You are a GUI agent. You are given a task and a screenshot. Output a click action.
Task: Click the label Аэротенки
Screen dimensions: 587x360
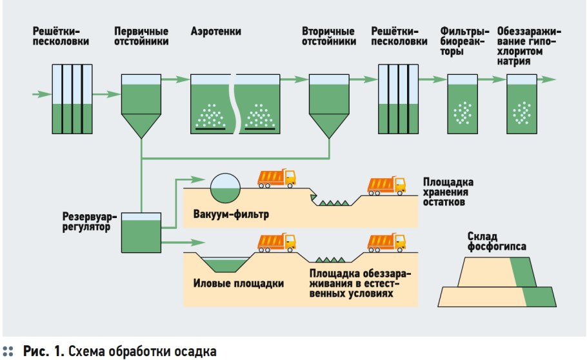click(215, 32)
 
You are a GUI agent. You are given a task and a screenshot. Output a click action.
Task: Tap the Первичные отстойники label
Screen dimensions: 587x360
click(141, 36)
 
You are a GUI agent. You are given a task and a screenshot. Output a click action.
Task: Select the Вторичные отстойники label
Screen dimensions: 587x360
click(329, 36)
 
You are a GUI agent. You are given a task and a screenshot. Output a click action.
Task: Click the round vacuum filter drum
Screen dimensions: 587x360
click(225, 188)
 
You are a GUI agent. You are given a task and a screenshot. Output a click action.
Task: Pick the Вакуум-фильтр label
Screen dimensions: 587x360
click(231, 214)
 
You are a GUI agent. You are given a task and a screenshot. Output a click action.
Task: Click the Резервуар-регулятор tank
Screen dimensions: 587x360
click(141, 233)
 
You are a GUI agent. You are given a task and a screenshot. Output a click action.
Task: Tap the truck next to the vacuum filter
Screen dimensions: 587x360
click(276, 178)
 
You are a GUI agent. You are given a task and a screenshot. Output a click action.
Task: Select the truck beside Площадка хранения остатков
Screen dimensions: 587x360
click(386, 185)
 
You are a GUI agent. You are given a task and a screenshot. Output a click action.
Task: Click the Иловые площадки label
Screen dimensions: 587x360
click(239, 283)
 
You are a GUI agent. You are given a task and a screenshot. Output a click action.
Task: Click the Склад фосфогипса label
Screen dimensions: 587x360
click(497, 241)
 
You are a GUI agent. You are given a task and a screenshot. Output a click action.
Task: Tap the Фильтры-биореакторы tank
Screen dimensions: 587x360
click(463, 104)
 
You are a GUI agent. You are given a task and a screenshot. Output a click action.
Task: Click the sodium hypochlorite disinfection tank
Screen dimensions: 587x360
click(521, 104)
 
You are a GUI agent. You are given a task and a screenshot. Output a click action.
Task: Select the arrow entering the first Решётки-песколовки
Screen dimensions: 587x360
click(42, 94)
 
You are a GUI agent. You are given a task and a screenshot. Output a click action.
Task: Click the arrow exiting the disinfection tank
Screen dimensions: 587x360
click(546, 79)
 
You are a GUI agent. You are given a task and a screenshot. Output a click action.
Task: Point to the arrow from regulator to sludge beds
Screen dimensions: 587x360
click(183, 243)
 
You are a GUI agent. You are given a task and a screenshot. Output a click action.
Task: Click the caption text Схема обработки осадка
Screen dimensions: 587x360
click(143, 352)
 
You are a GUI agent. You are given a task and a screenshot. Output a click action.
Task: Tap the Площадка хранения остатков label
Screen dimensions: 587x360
click(448, 192)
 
